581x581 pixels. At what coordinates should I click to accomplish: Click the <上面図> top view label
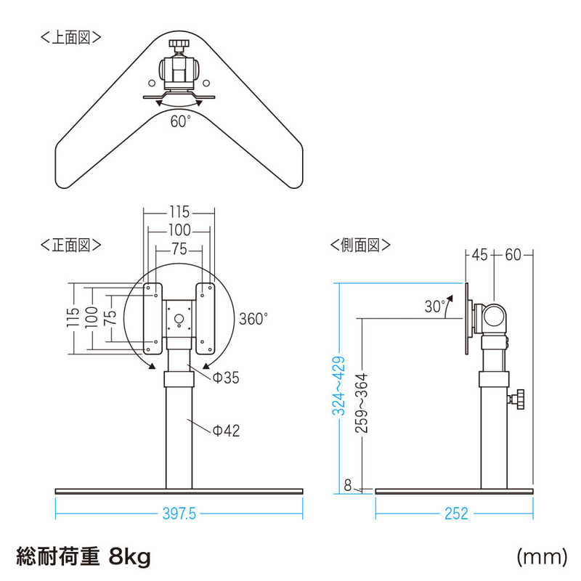tap(71, 38)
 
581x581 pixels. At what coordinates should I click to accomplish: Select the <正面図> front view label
tap(71, 245)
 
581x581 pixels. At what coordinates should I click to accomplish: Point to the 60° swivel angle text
tap(180, 122)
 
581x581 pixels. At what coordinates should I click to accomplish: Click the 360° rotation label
tap(253, 318)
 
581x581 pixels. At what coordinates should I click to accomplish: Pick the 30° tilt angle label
tap(434, 307)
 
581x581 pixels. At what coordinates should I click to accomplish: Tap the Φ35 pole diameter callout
tap(226, 378)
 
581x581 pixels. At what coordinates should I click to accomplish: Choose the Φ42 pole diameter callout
tap(226, 431)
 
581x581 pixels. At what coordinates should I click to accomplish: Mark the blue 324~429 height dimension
tap(338, 385)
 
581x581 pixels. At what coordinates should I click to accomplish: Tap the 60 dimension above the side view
tap(513, 254)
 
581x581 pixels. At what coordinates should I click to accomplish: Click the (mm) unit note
tap(541, 557)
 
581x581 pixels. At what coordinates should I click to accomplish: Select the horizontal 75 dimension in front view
tap(179, 248)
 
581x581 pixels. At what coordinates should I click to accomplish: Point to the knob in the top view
tap(179, 47)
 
